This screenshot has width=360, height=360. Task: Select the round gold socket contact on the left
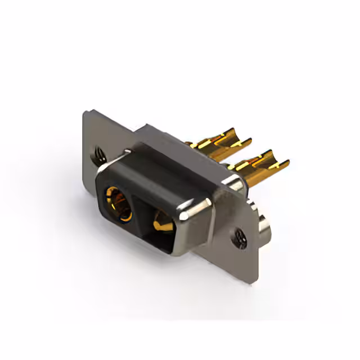tap(119, 203)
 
